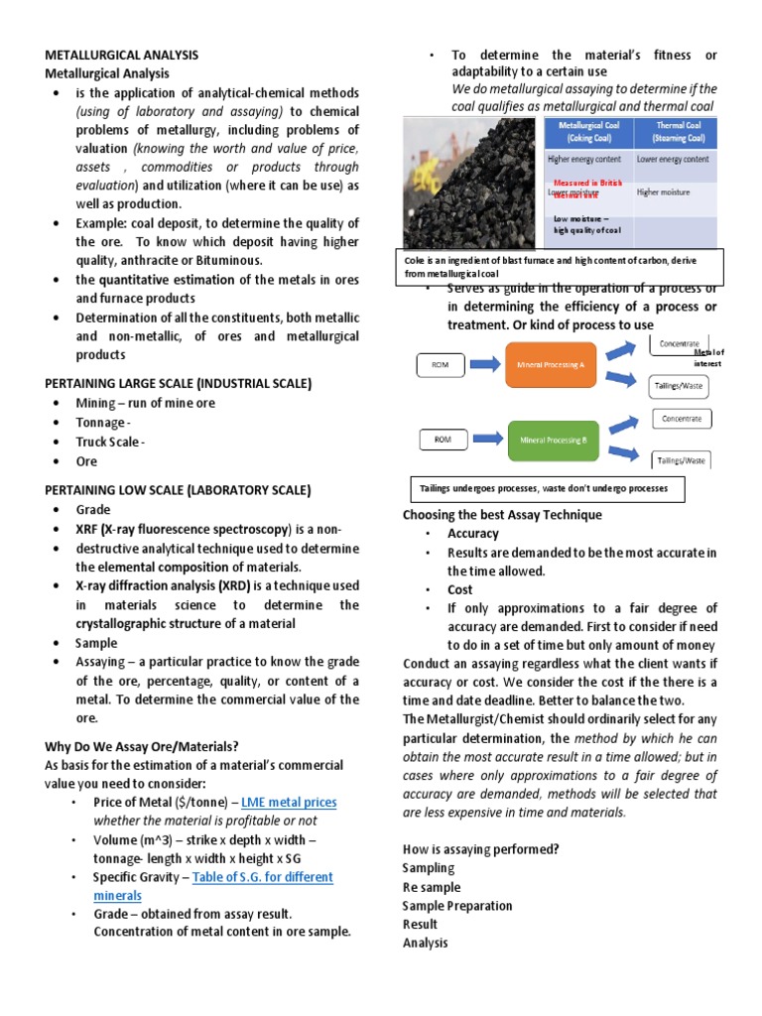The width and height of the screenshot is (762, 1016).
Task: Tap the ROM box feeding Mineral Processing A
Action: (x=441, y=365)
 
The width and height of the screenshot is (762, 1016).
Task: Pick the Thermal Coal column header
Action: (x=673, y=131)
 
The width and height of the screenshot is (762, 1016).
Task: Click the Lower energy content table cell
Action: (x=673, y=159)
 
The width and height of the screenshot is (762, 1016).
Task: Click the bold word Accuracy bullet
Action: (x=473, y=534)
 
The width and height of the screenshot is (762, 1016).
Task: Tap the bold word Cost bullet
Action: (x=459, y=589)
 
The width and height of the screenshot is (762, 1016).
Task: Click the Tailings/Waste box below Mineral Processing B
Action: (x=680, y=459)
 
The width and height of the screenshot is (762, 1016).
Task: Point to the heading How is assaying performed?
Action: (x=481, y=849)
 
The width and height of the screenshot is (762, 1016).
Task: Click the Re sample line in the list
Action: (x=432, y=887)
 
